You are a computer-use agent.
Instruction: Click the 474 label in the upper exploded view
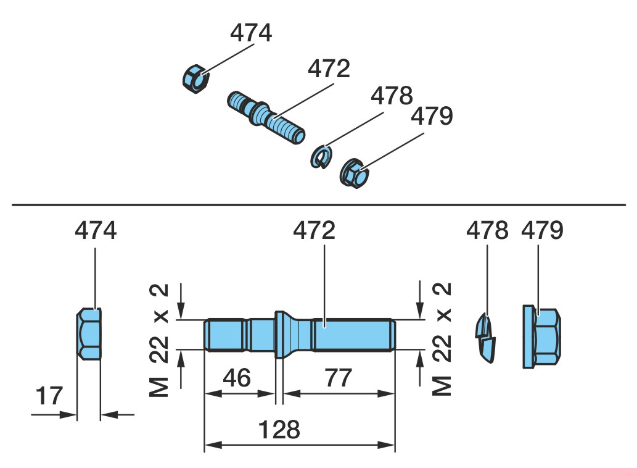(250, 33)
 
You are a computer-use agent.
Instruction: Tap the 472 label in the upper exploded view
(329, 69)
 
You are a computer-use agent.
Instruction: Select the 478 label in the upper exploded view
(392, 96)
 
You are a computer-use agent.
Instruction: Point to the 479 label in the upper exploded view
(432, 116)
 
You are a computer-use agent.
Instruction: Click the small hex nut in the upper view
(195, 78)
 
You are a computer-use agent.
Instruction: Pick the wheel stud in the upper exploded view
(266, 117)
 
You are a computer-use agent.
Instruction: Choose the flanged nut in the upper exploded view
(355, 173)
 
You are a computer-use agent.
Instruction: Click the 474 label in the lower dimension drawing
(96, 230)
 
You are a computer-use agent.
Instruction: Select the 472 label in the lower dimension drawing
(314, 230)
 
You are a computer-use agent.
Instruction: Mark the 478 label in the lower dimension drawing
(487, 230)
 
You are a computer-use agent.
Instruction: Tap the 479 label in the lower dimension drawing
(542, 230)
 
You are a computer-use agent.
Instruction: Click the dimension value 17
(49, 396)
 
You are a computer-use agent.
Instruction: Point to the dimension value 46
(237, 378)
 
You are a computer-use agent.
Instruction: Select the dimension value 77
(338, 378)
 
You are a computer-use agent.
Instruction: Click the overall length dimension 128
(279, 430)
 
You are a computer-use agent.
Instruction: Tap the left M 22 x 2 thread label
(159, 340)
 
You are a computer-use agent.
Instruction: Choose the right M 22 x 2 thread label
(442, 338)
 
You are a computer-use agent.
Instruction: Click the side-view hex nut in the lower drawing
(89, 334)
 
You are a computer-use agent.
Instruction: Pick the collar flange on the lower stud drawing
(279, 335)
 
